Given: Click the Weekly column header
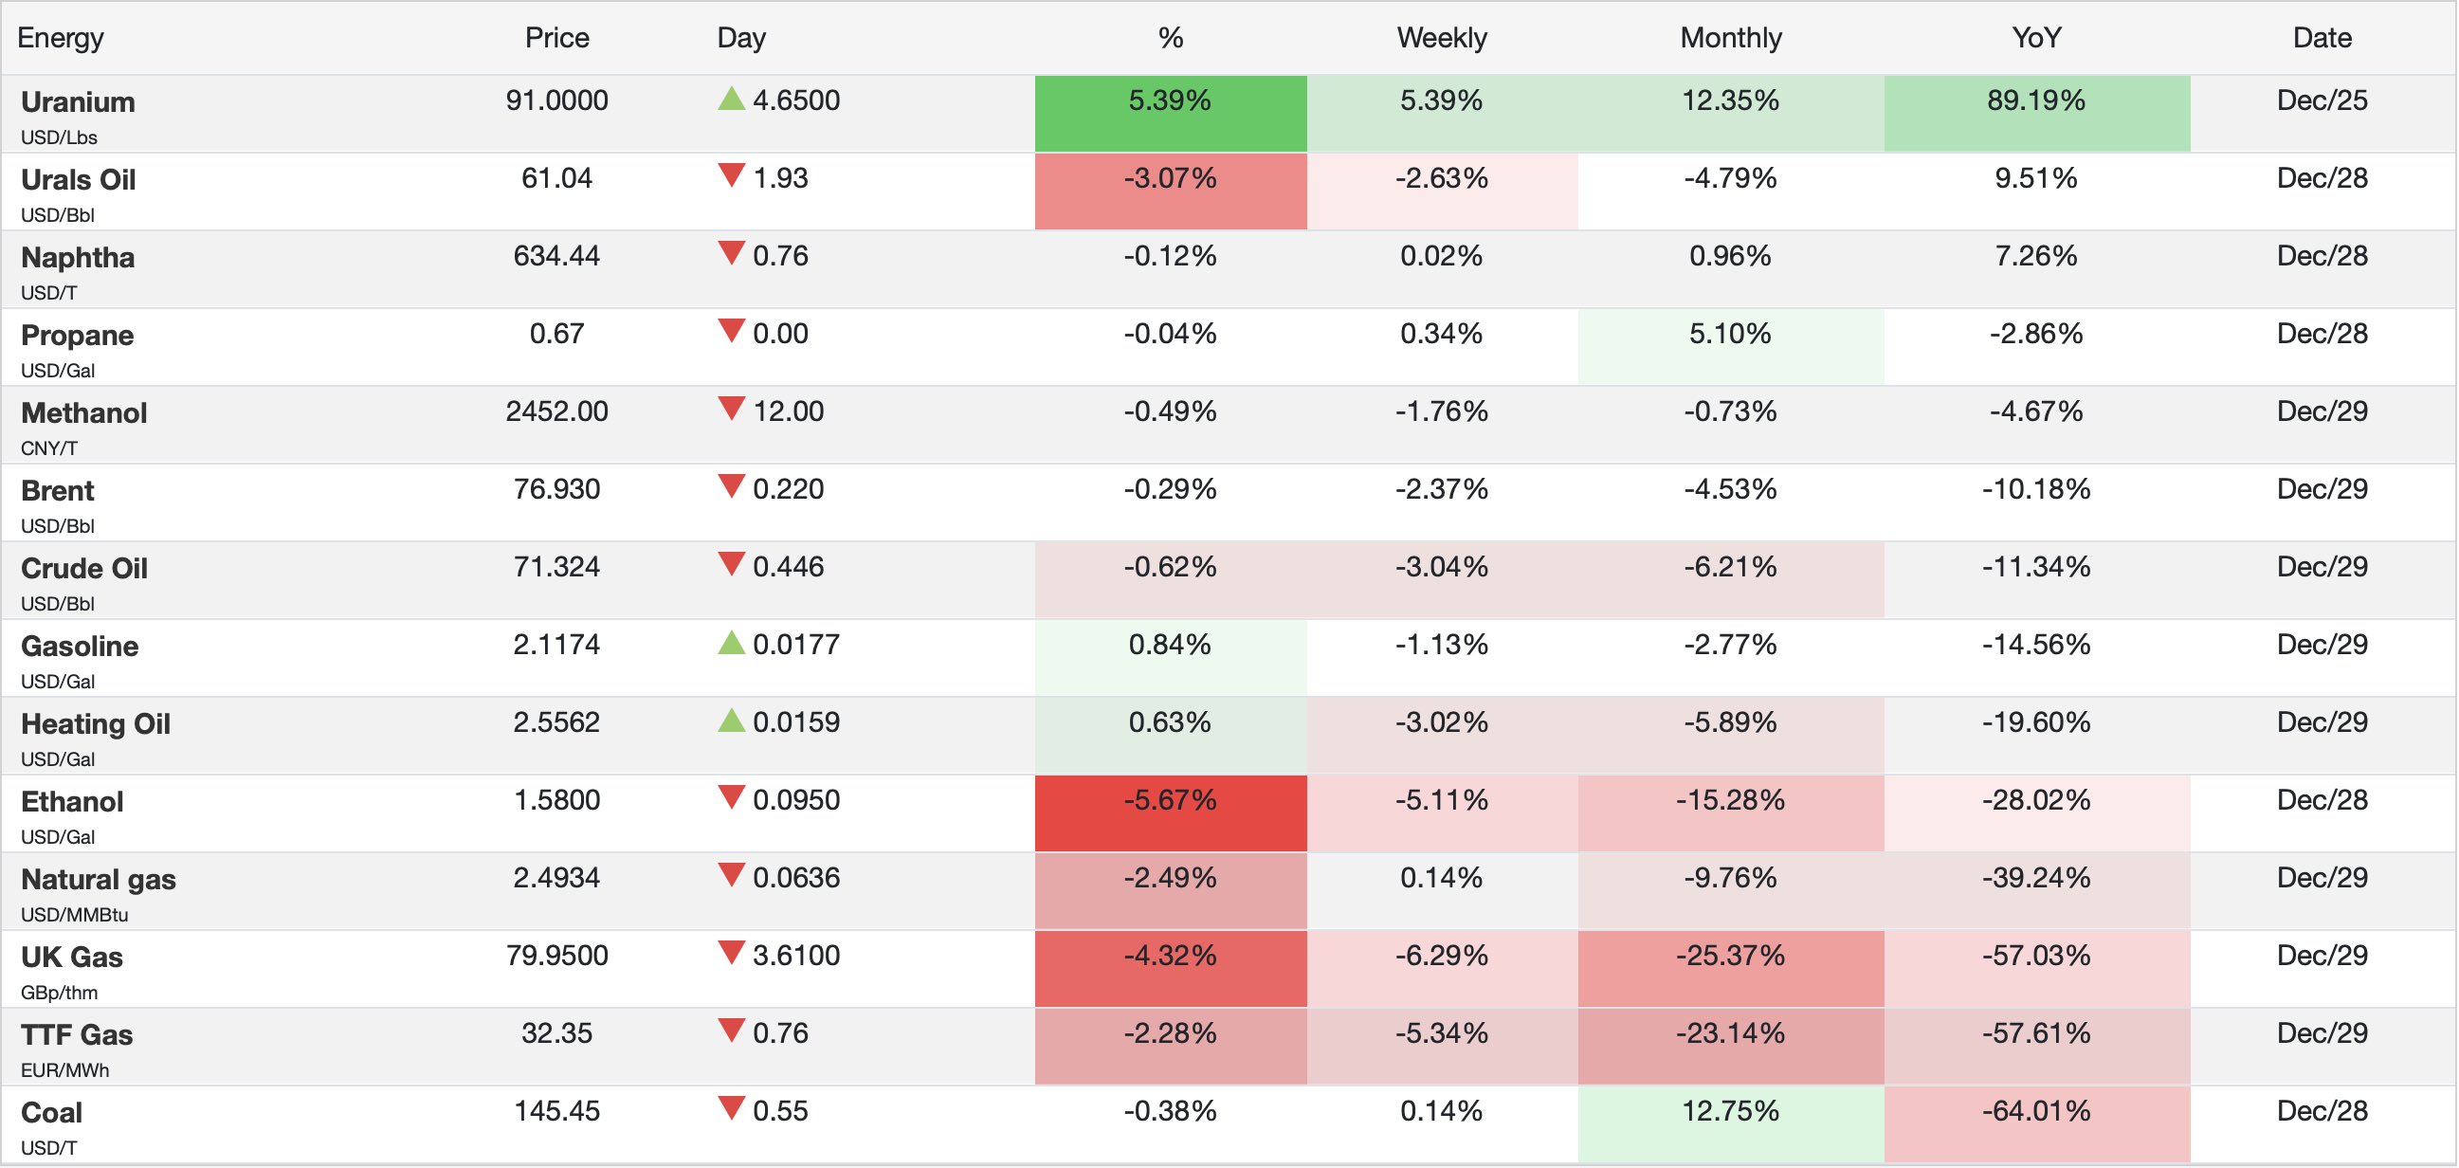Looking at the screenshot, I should click(x=1442, y=38).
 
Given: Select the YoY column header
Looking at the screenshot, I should click(x=2036, y=38).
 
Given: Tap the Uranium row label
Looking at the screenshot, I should click(x=79, y=102).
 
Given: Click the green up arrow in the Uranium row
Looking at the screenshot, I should click(x=731, y=99).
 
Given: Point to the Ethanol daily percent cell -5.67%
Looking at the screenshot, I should click(x=1170, y=800).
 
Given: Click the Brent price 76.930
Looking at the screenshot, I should click(x=556, y=489).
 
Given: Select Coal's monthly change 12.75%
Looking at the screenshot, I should click(x=1730, y=1112).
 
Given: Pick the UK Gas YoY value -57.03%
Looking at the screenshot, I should click(x=2036, y=956).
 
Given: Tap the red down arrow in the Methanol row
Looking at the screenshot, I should click(x=731, y=410).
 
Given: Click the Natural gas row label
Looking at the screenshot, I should click(x=99, y=880).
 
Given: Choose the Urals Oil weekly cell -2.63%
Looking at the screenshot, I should click(x=1442, y=178).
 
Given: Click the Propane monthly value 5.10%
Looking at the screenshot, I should click(x=1730, y=335).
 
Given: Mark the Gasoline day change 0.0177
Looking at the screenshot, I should click(x=796, y=645).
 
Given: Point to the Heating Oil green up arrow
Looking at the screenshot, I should click(x=731, y=721).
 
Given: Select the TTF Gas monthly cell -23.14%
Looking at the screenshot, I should click(x=1730, y=1033).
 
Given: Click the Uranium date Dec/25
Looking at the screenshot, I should click(x=2322, y=100).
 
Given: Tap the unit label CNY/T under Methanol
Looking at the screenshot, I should click(x=49, y=447).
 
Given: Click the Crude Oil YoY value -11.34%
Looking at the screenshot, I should click(x=2036, y=567).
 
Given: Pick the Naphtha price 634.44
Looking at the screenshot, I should click(x=556, y=256).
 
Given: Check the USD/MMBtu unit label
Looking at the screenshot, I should click(x=75, y=915).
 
